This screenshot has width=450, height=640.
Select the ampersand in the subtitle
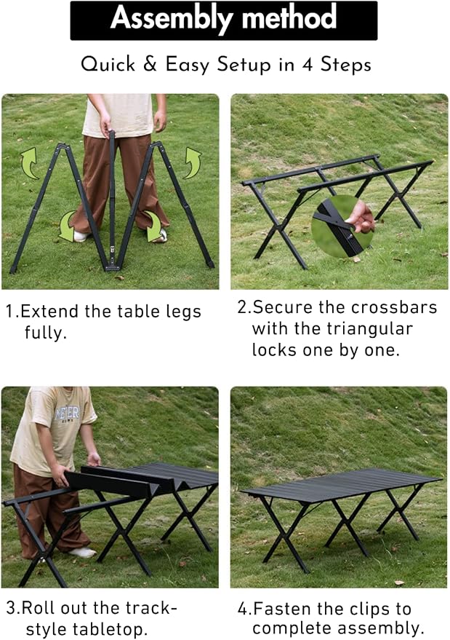150,64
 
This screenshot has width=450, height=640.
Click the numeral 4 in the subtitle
308,65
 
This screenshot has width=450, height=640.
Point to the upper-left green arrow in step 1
29,163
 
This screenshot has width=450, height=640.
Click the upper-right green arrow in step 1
192,163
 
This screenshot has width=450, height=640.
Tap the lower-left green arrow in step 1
68,226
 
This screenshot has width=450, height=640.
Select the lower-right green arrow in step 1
153,226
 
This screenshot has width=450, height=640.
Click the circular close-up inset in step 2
343,226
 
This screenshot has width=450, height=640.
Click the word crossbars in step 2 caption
394,307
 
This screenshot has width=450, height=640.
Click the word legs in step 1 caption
183,312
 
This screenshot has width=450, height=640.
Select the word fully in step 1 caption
45,332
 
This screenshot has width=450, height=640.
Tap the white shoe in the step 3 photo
83,552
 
